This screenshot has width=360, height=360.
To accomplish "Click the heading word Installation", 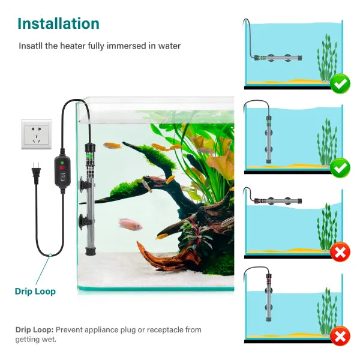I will coord(58,24).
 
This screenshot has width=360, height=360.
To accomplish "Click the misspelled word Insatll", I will coord(30,46).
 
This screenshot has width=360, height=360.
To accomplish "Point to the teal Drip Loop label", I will coord(35,292).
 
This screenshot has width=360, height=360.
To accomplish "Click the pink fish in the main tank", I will coord(130,224).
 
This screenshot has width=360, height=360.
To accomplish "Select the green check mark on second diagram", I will coord(341,167).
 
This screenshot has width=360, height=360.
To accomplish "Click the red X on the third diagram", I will coord(341,253).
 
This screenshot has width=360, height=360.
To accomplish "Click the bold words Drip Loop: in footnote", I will coord(34,330).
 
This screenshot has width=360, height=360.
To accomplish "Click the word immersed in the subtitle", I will coord(124,46).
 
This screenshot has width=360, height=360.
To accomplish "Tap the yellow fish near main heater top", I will coord(112,145).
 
